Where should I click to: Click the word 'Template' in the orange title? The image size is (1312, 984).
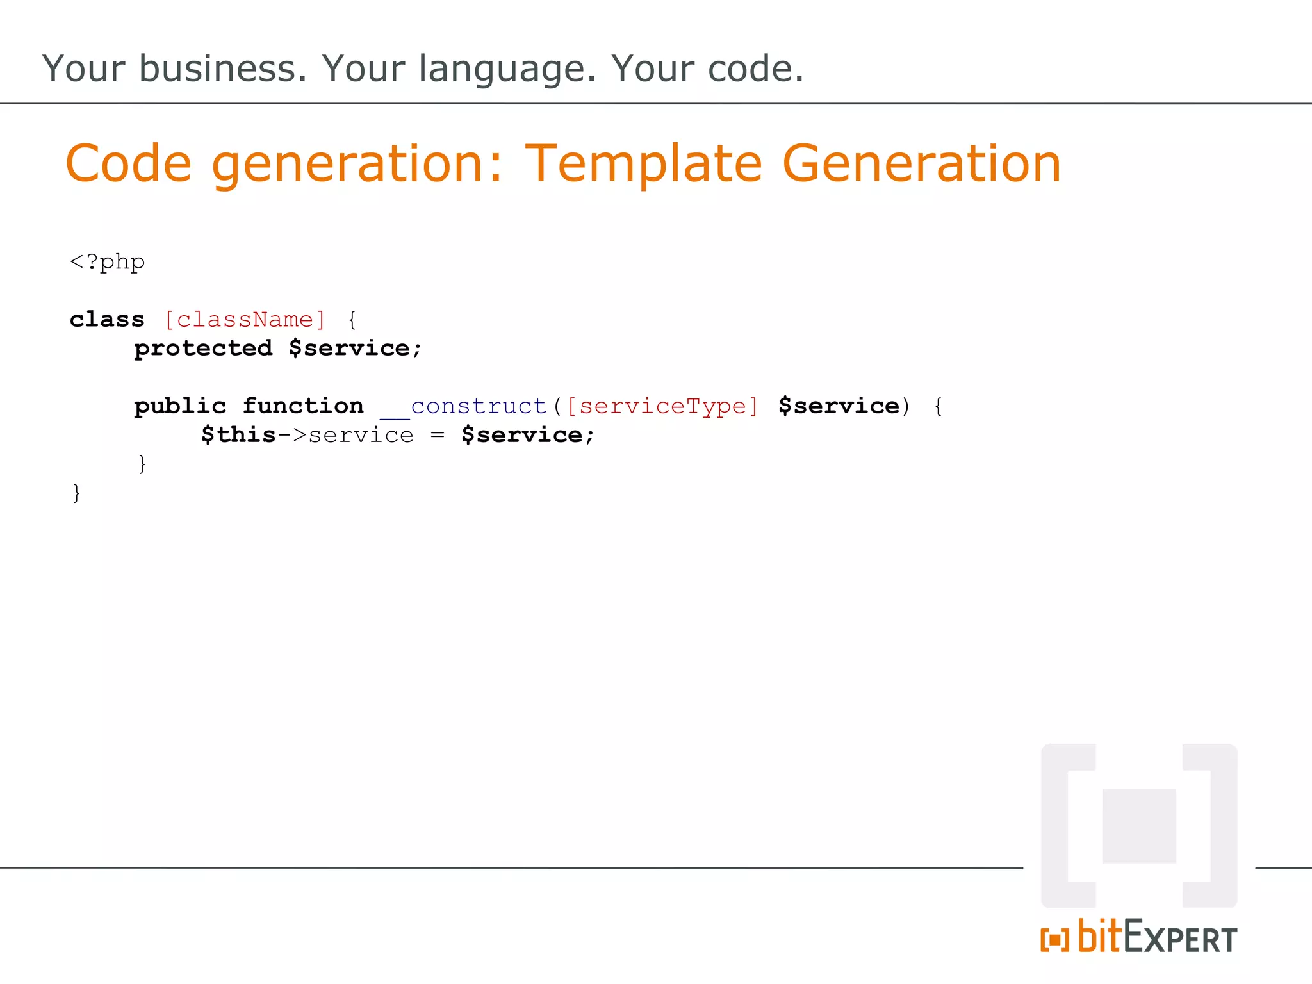(x=643, y=164)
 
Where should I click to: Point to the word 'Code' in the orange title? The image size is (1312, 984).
(x=128, y=164)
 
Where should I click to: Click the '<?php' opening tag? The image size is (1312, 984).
(x=107, y=262)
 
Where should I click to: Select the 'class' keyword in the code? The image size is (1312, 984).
(x=107, y=319)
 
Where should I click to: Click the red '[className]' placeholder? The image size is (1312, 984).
(x=245, y=319)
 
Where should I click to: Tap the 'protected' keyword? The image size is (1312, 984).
(x=203, y=348)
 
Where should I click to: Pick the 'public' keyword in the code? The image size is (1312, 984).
(x=180, y=406)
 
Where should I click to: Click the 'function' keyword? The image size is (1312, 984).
(x=303, y=406)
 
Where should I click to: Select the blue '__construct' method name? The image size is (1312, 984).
(x=464, y=406)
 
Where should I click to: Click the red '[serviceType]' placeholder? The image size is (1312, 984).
(x=662, y=406)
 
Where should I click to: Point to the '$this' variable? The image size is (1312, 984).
(x=238, y=435)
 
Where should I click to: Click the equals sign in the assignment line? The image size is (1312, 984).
(x=438, y=436)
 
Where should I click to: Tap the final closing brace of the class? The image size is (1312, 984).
(x=77, y=493)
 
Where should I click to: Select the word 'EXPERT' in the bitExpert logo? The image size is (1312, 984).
(x=1180, y=938)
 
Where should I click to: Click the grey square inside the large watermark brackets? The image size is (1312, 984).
(x=1139, y=826)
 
